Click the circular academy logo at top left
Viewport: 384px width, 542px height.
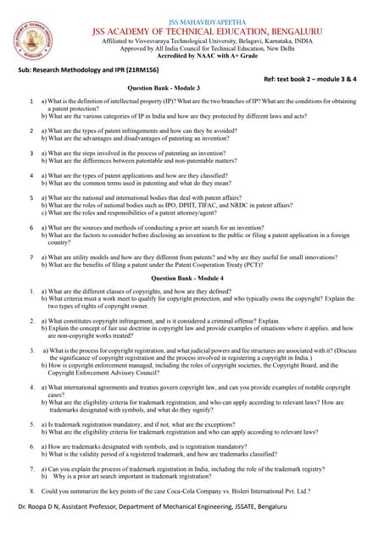[31, 40]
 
